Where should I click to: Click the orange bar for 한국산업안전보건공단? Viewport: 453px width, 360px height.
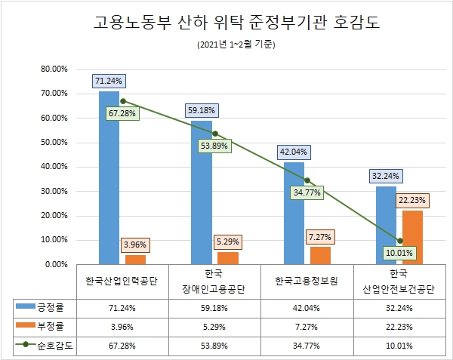pos(412,237)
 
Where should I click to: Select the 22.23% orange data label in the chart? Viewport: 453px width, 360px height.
pos(412,200)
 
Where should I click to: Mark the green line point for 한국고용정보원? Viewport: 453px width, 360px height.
pos(307,180)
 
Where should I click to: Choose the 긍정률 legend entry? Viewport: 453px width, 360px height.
pos(50,308)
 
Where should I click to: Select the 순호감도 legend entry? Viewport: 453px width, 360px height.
pos(50,345)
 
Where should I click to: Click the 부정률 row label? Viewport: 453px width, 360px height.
pos(50,326)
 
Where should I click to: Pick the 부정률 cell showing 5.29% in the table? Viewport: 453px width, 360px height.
pos(214,326)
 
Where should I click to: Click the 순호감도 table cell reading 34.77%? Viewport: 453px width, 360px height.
pos(307,345)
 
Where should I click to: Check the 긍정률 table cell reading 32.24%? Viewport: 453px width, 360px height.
pos(399,308)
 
